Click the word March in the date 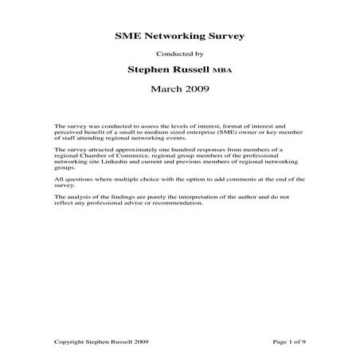coord(165,88)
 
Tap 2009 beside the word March coord(196,88)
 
